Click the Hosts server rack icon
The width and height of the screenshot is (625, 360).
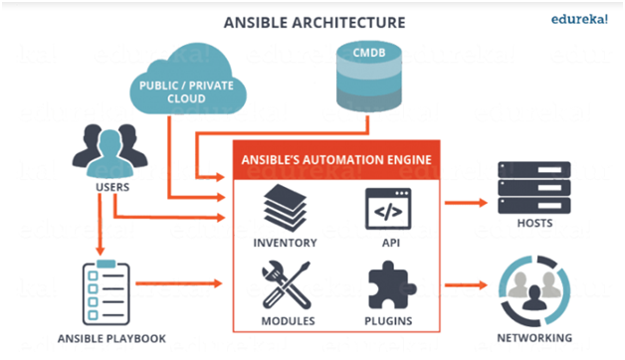[x=534, y=187]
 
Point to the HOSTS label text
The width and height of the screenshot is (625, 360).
[x=534, y=224]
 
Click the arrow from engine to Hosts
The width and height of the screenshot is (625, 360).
[x=469, y=203]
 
